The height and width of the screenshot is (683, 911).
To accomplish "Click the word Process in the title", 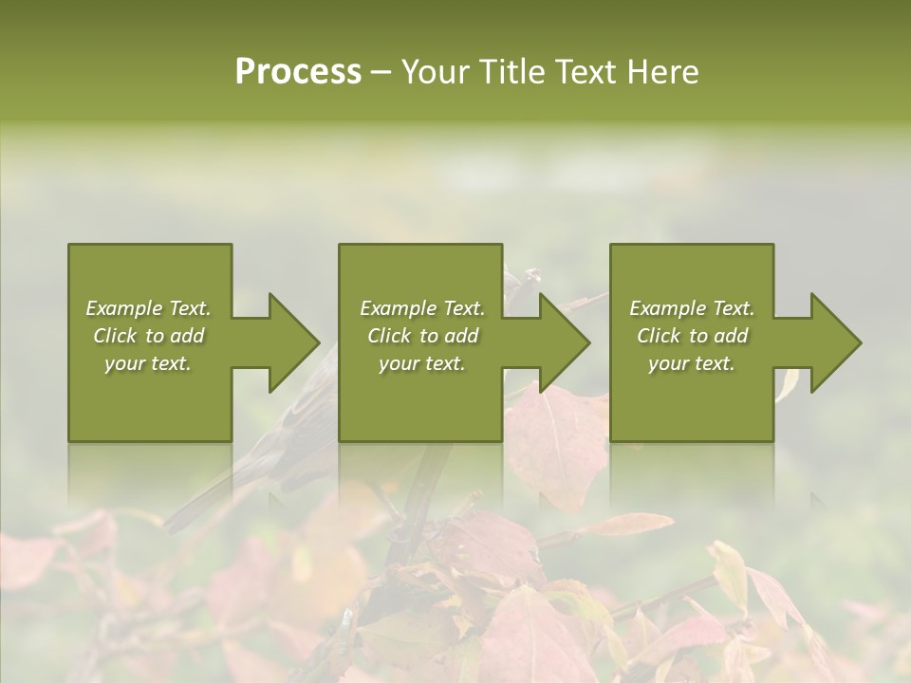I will [x=298, y=72].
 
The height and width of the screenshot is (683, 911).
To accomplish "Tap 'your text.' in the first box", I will [x=148, y=363].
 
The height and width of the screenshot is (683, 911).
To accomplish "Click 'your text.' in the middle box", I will [x=421, y=363].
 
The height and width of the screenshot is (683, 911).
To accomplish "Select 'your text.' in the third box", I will [x=691, y=363].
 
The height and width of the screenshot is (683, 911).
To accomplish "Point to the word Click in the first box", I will [x=115, y=336].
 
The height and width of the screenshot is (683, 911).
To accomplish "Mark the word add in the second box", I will [x=461, y=336].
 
